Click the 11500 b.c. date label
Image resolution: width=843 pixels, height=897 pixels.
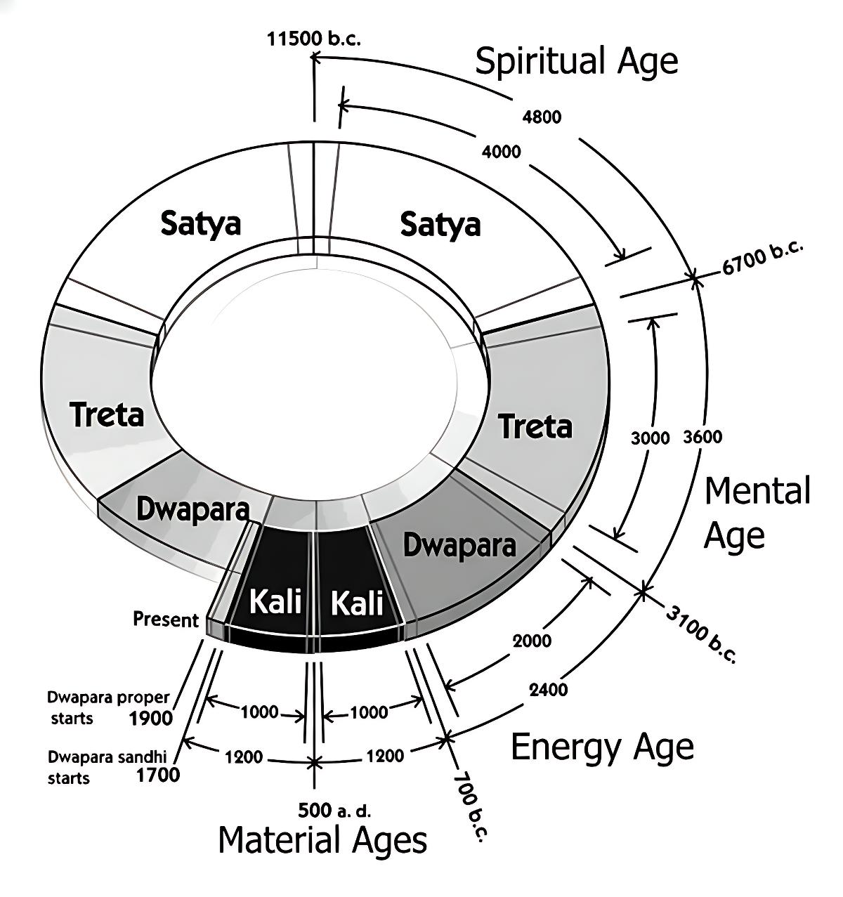(x=313, y=39)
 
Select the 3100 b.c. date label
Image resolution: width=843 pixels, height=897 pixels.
(x=700, y=634)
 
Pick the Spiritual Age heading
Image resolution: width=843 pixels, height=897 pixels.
(x=577, y=61)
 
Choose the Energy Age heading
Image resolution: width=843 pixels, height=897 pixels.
(x=602, y=746)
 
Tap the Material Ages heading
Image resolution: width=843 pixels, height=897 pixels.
(x=322, y=840)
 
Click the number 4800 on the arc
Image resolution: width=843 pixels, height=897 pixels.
(x=542, y=117)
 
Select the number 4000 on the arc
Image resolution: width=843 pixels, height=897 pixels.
(x=501, y=151)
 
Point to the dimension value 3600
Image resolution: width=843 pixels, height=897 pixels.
(x=702, y=437)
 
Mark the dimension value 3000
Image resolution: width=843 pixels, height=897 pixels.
(x=651, y=438)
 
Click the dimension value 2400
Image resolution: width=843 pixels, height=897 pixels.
(x=548, y=690)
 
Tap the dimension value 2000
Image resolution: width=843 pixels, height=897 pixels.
(x=532, y=641)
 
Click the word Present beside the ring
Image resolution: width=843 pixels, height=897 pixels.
(x=166, y=620)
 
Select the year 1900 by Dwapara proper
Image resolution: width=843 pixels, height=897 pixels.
(x=151, y=718)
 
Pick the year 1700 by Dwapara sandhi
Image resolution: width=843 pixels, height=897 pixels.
(x=157, y=775)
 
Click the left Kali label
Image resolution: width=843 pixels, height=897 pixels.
(x=276, y=601)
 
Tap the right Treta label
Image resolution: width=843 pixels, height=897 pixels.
(x=535, y=426)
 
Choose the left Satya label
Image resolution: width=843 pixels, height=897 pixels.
(x=201, y=223)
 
